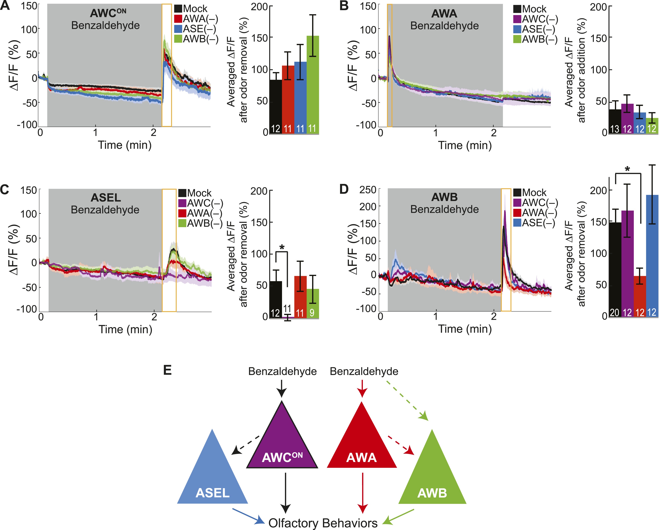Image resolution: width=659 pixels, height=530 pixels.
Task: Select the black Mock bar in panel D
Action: (615, 269)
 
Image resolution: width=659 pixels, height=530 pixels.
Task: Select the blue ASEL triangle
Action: (213, 477)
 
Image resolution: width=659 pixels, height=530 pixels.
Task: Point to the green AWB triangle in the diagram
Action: (432, 477)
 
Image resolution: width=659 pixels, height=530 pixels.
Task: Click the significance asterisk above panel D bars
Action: (627, 169)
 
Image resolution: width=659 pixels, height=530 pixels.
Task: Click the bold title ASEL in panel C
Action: (106, 198)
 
